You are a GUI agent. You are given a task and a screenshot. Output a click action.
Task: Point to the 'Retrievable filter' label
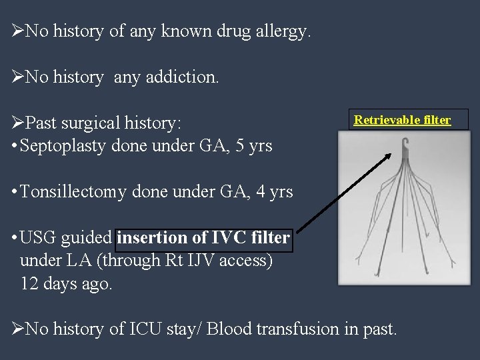point(402,120)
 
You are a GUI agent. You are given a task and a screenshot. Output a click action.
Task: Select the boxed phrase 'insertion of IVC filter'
point(203,238)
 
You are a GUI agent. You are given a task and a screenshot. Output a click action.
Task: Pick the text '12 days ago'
point(67,283)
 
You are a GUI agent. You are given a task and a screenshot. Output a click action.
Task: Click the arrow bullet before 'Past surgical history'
point(18,123)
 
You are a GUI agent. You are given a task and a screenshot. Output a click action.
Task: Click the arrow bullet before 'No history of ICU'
point(18,329)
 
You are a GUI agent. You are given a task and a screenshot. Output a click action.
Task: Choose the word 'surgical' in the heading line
point(99,123)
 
